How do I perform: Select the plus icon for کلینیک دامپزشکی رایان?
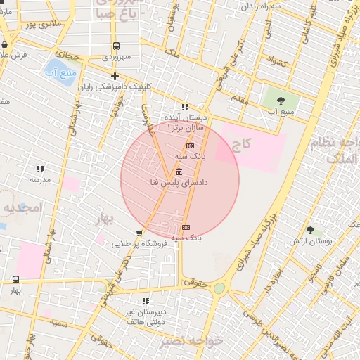(x=115, y=76)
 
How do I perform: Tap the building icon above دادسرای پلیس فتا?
(x=179, y=172)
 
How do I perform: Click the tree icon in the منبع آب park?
(x=281, y=100)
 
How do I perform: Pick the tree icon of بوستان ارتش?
(x=310, y=230)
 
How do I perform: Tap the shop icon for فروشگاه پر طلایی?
(x=139, y=233)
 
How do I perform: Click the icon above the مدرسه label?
(x=40, y=169)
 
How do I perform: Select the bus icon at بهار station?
(x=16, y=279)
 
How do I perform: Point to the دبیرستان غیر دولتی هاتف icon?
(x=146, y=301)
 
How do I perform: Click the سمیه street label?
(x=58, y=322)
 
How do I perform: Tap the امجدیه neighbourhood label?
(x=22, y=207)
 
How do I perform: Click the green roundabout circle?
(x=219, y=288)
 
